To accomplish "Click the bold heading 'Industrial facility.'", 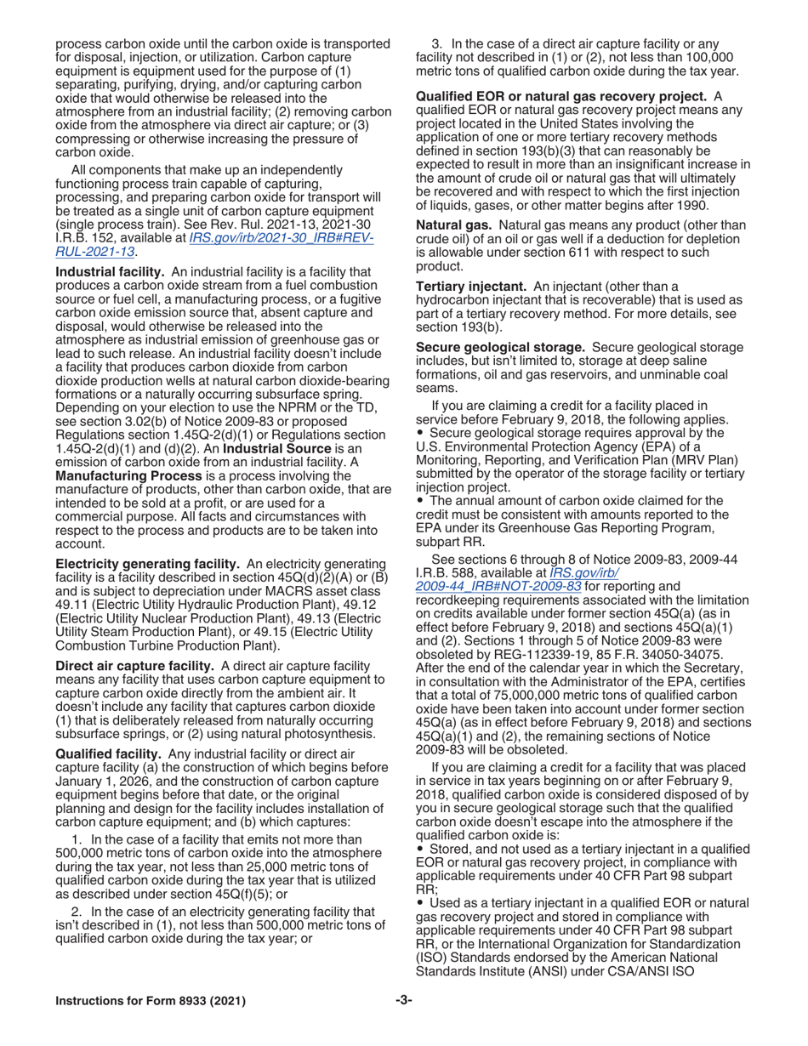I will coord(111,270).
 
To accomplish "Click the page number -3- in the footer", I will coord(403,1000).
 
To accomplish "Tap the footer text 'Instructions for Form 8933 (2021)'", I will coord(151,1001).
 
